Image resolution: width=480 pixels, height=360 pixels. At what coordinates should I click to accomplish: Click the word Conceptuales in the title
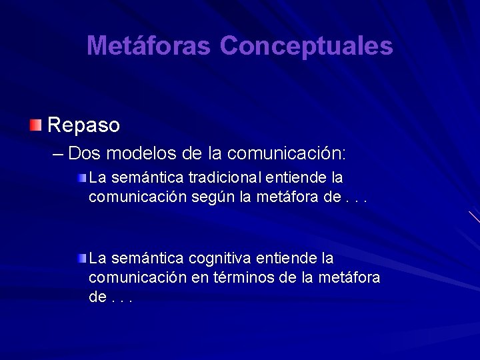306,45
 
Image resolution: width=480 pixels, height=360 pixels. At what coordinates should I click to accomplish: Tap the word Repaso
84,125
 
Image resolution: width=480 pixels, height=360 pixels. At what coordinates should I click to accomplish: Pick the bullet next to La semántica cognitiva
81,257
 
